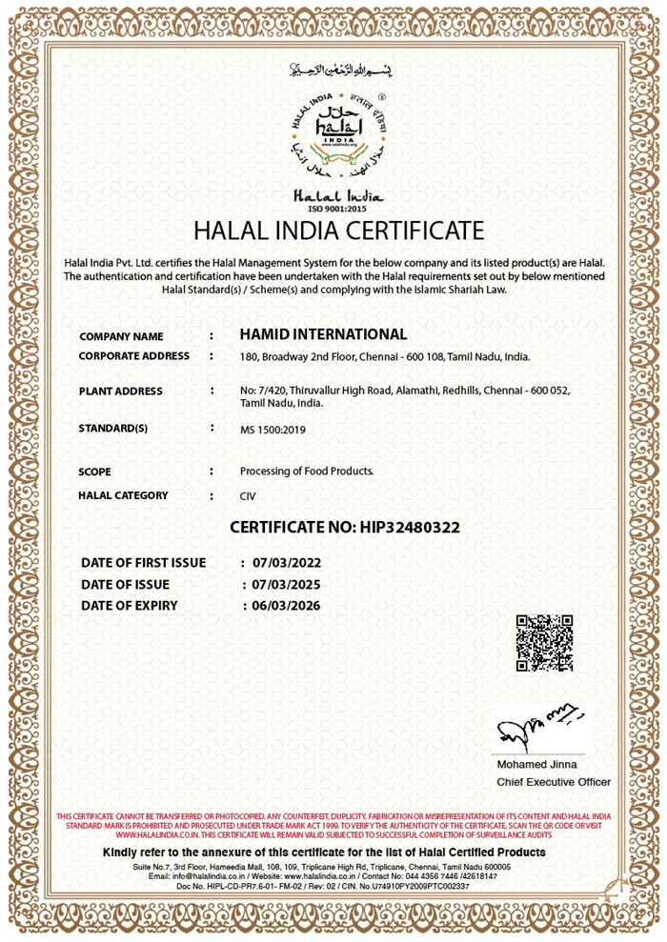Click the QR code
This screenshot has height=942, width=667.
(544, 644)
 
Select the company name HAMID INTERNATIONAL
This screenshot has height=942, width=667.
(323, 334)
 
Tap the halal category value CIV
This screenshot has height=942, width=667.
(248, 496)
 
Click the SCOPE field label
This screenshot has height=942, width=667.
(95, 471)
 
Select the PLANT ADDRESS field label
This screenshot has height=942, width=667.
(121, 391)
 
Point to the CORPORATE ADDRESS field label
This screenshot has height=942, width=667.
(133, 356)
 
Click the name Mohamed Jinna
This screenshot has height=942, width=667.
(536, 764)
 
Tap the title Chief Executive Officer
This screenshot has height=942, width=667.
(554, 782)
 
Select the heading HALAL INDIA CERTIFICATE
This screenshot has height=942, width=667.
(338, 230)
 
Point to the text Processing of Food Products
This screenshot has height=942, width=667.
(307, 471)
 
